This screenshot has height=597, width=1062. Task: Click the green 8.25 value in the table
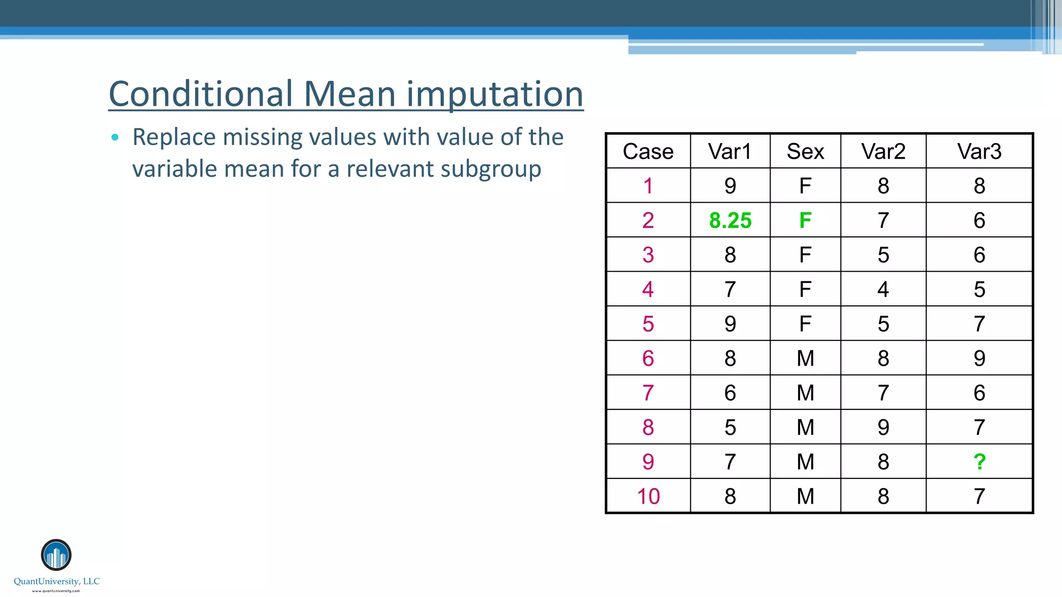(730, 221)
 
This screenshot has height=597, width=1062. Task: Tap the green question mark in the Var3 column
(979, 462)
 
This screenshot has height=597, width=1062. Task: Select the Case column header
(648, 152)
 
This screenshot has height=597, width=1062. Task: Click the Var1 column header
(730, 152)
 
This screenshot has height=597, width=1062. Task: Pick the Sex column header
(805, 152)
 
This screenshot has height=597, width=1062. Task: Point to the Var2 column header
(883, 152)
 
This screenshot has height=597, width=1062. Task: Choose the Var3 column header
(979, 152)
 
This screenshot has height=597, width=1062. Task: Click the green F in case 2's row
(805, 221)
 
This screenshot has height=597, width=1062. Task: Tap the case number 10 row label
(648, 496)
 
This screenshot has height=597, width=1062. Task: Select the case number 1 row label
(648, 186)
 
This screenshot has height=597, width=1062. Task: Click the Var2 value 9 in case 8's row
(883, 428)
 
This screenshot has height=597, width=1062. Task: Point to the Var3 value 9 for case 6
(979, 359)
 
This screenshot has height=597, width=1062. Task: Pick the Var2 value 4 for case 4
(883, 290)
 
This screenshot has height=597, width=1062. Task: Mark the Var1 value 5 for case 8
(730, 428)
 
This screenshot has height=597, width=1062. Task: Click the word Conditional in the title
(201, 94)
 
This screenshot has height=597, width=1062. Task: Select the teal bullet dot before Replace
(115, 137)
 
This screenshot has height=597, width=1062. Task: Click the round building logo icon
(56, 555)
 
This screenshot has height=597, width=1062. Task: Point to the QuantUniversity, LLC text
(57, 581)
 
